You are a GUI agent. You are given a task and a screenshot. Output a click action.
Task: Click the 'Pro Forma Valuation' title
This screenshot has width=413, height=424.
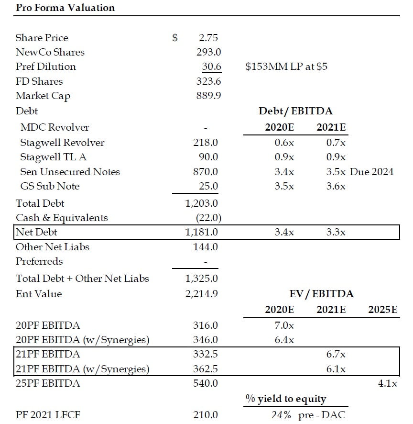(65, 8)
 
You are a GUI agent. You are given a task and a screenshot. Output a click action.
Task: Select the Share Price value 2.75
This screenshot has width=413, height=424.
(208, 38)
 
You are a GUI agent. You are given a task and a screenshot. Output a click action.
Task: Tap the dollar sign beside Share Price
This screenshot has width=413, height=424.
(175, 38)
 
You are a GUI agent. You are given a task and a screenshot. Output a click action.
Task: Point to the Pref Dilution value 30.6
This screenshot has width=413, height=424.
(208, 67)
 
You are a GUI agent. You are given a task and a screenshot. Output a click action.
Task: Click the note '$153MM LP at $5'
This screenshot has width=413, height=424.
(286, 67)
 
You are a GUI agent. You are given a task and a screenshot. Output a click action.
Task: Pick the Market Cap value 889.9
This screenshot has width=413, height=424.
(208, 96)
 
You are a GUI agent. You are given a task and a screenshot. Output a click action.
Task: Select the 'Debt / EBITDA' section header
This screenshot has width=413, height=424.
(295, 111)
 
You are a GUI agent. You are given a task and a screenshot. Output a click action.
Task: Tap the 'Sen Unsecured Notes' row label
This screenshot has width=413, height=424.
(70, 172)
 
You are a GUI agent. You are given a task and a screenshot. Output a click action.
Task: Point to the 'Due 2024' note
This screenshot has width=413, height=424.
(372, 172)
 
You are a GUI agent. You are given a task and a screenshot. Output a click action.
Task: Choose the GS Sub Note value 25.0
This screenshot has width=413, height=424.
(208, 186)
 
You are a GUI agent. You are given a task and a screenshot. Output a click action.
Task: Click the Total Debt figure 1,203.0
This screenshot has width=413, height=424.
(202, 203)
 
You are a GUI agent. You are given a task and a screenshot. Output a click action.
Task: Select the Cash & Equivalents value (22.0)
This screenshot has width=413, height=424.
(208, 218)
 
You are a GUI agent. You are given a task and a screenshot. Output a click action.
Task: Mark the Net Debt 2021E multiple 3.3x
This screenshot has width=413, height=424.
(336, 233)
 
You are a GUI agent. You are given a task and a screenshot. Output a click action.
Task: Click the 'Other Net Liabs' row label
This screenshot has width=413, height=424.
(53, 247)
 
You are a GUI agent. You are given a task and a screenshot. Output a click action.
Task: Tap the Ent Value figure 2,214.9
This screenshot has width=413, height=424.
(202, 293)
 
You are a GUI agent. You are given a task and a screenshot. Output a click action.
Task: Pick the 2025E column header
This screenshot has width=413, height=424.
(383, 310)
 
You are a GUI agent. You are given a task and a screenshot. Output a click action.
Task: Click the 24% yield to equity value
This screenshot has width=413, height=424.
(281, 415)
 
